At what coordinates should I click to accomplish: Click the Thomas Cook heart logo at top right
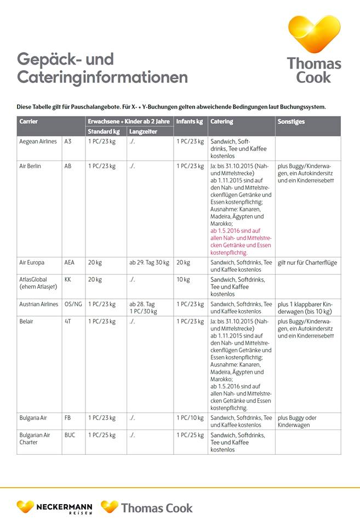[314, 34]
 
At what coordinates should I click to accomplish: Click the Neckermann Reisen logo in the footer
[54, 507]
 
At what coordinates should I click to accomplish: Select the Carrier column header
[28, 122]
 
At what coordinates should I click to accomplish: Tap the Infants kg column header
[189, 122]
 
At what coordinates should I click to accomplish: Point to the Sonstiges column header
[291, 122]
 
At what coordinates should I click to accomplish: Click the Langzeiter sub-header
[143, 131]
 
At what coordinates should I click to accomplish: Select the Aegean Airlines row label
[38, 141]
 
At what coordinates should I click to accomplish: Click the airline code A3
[68, 141]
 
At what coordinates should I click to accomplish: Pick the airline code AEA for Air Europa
[69, 262]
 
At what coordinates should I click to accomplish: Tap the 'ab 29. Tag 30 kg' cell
[150, 262]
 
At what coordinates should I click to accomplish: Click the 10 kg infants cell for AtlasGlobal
[183, 279]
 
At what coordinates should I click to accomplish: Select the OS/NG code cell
[73, 304]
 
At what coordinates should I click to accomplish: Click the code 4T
[68, 321]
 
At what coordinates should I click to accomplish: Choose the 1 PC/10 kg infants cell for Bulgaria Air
[190, 418]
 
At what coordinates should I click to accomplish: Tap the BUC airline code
[70, 435]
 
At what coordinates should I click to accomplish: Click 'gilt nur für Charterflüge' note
[307, 262]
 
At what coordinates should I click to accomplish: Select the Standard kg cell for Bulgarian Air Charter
[102, 435]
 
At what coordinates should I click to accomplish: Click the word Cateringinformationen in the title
[102, 77]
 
